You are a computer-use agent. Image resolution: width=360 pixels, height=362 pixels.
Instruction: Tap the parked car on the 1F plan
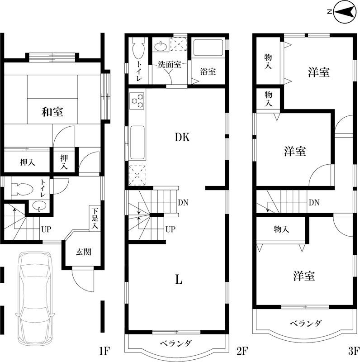[x=35, y=287]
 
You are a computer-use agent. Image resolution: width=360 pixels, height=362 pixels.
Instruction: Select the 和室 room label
[x=52, y=111]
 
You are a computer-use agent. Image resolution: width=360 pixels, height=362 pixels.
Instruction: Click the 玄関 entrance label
[x=83, y=252]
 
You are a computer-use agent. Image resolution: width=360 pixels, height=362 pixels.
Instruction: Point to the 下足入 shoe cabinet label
[x=95, y=219]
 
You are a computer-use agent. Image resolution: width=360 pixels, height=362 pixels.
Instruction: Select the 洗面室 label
[x=169, y=64]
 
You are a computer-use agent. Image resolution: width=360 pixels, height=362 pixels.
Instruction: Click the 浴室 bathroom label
[x=208, y=71]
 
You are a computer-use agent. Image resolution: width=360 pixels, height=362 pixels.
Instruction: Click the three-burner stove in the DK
[x=137, y=100]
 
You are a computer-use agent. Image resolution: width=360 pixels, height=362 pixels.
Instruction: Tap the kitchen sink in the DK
[x=137, y=143]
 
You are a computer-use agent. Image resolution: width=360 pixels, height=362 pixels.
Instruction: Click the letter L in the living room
[x=179, y=280]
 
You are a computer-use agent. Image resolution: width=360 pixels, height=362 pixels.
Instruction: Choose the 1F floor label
[x=104, y=351]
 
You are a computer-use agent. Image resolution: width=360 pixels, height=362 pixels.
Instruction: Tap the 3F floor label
[x=353, y=351]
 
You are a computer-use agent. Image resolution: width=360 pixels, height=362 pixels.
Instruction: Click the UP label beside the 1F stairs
[x=46, y=229]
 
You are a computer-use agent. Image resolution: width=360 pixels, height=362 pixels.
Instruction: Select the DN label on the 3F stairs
[x=314, y=203]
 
